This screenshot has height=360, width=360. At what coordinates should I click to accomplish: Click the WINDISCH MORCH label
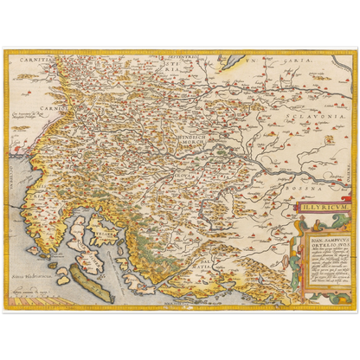coord(183,139)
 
